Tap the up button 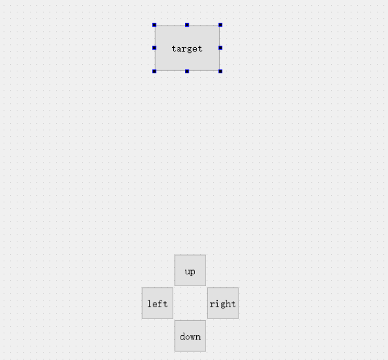click(190, 270)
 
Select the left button click(157, 303)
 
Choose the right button click(223, 303)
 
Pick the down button click(190, 336)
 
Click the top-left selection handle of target click(155, 25)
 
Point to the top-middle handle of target click(187, 25)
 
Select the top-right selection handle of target click(220, 25)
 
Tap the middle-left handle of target click(155, 48)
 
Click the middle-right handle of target click(220, 48)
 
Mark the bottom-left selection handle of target click(155, 71)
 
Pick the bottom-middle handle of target click(187, 71)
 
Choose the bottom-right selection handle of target click(220, 71)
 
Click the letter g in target click(189, 49)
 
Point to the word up click(190, 272)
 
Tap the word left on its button click(157, 304)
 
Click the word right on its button click(223, 304)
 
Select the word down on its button click(190, 336)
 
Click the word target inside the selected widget click(187, 48)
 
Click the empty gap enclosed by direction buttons click(190, 303)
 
